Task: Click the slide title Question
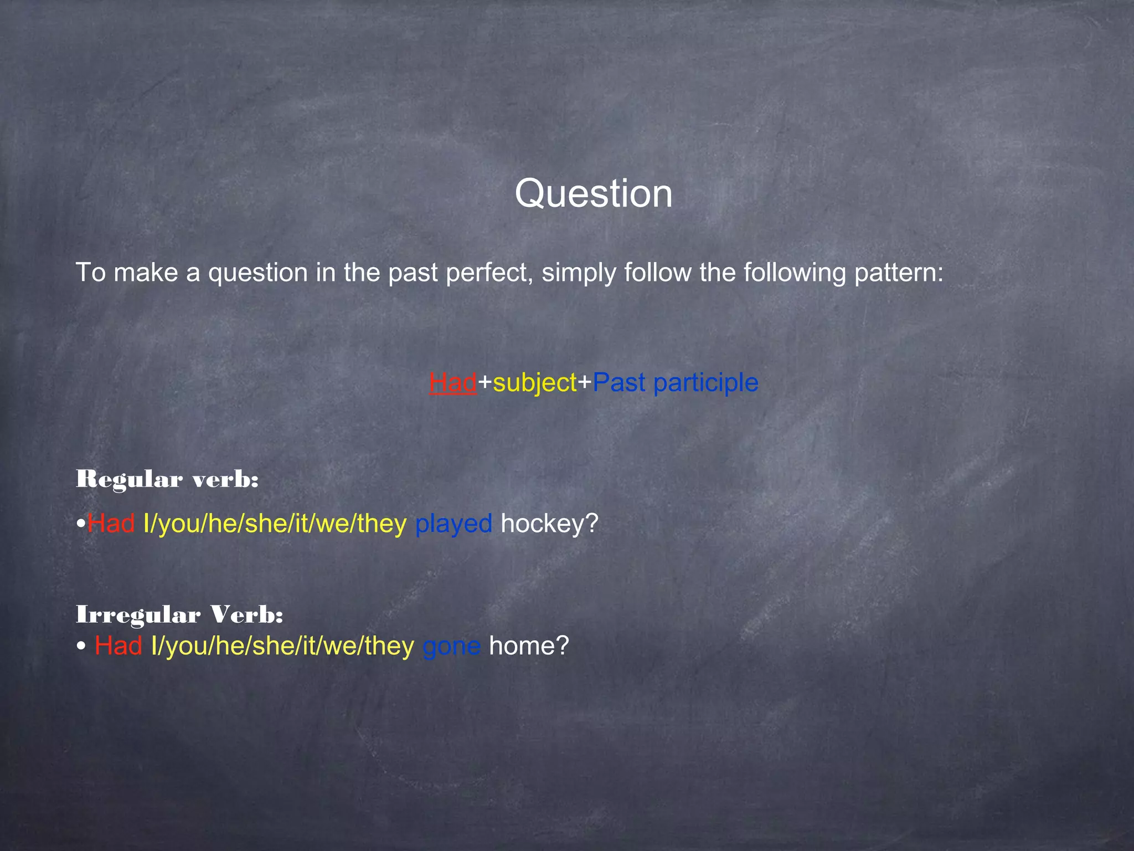(594, 193)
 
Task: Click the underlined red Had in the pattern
(452, 382)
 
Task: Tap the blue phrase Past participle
(675, 383)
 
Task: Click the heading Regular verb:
(167, 479)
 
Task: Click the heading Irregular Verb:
(179, 614)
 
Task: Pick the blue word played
(453, 524)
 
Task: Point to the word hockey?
(549, 524)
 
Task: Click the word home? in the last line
(529, 646)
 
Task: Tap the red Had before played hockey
(111, 524)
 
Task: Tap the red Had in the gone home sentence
(118, 646)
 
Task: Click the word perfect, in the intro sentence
(489, 273)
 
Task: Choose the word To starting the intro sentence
(90, 273)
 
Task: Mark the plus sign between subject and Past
(585, 382)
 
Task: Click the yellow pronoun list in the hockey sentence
(275, 524)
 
